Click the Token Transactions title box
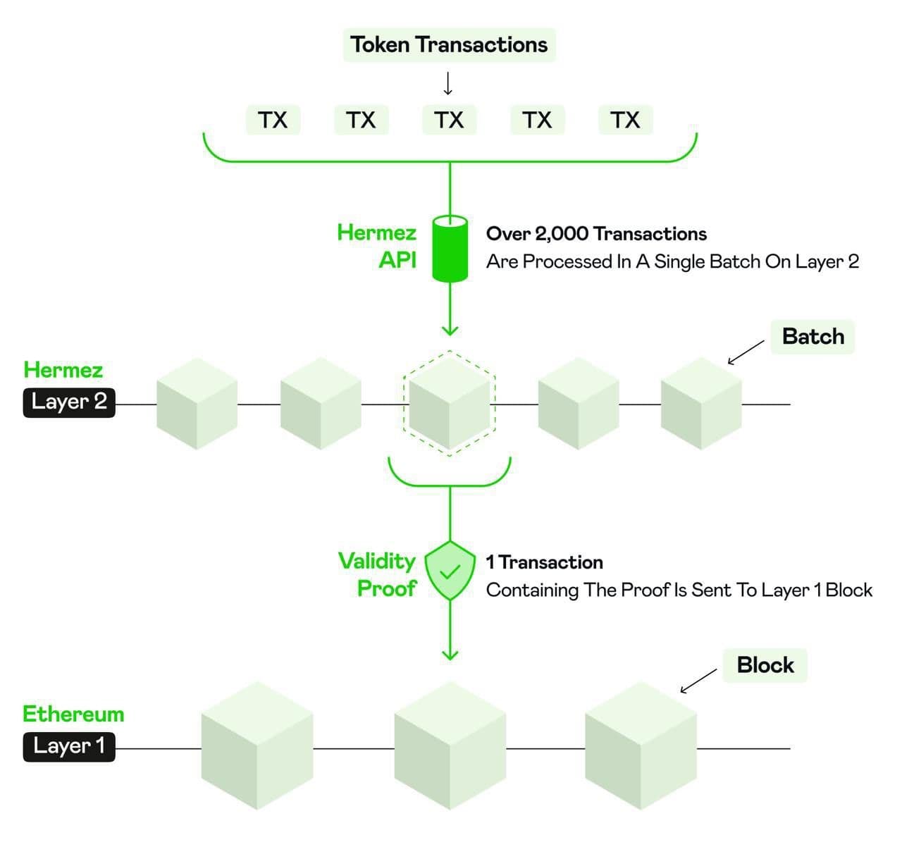pos(449,45)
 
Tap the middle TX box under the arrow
pos(449,120)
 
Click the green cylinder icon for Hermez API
pos(450,248)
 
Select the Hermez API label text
pos(377,246)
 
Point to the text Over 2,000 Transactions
pos(596,234)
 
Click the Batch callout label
pos(813,337)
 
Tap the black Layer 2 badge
pos(69,402)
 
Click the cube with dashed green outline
pos(450,403)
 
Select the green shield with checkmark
pos(450,571)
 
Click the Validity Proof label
pos(378,574)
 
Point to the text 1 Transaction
pos(545,562)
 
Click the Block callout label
pos(765,665)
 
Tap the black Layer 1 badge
pos(69,746)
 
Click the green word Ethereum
pos(73,714)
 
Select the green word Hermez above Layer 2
pos(63,370)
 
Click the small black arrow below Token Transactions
pos(448,84)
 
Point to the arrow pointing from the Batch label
pos(745,352)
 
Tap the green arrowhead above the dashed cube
pos(450,330)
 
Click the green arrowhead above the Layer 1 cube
pos(450,655)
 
